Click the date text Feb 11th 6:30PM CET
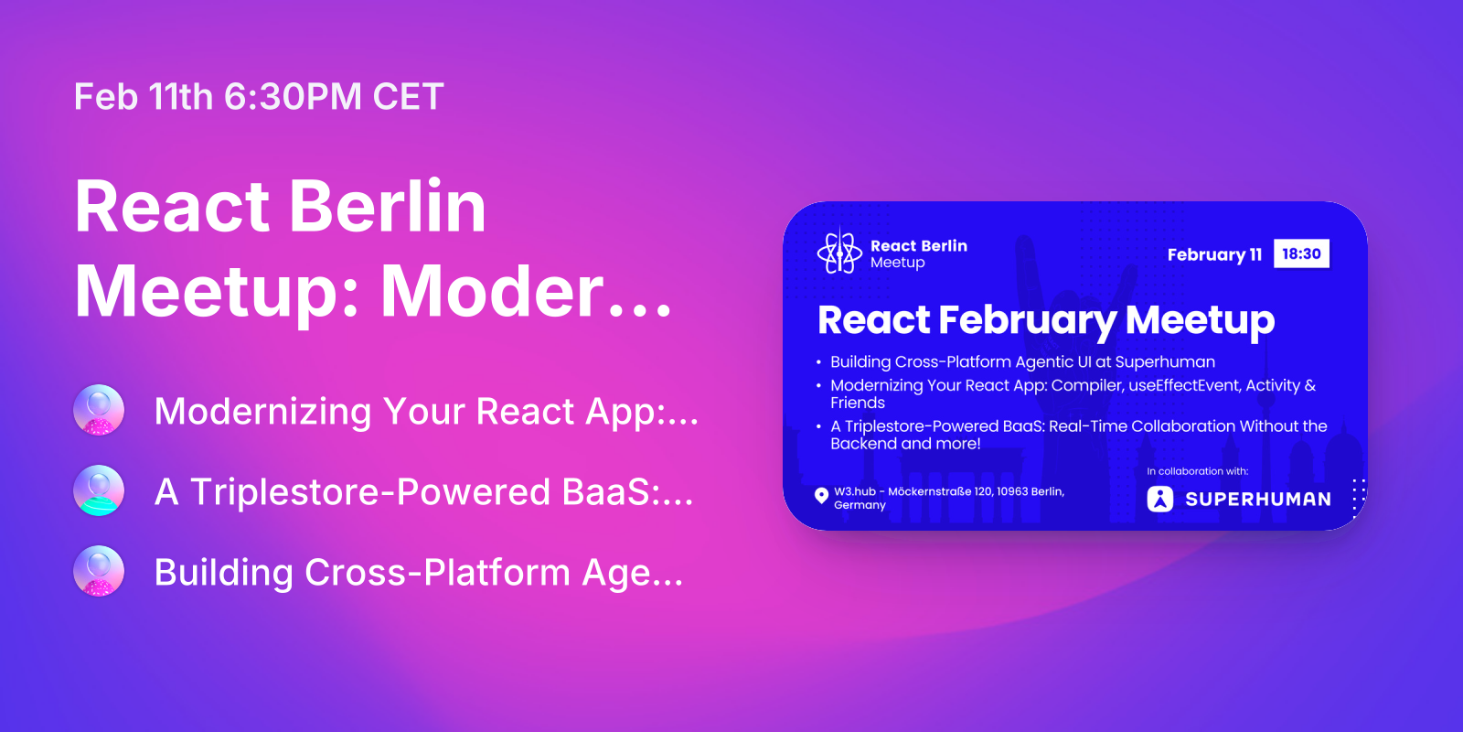point(259,97)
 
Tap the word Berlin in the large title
point(388,206)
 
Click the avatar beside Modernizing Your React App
point(99,410)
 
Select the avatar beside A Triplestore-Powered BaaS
point(99,490)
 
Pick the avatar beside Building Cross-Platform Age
point(99,571)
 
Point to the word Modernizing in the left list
point(263,412)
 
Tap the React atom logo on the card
point(839,253)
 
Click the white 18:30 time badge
point(1301,253)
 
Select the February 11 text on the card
point(1214,254)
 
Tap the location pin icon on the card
point(822,496)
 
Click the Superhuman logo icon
point(1160,499)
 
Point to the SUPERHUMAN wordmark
point(1258,500)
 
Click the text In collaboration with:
point(1197,471)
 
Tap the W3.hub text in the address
point(854,491)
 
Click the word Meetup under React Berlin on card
point(897,263)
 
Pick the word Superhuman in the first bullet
point(1165,362)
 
